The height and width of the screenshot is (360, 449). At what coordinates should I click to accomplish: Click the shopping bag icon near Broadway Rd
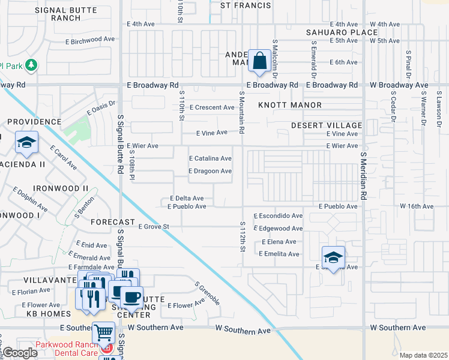(x=259, y=61)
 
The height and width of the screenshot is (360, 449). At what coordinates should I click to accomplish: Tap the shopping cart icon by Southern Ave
(x=104, y=332)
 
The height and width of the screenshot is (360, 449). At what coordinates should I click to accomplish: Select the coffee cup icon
(x=131, y=296)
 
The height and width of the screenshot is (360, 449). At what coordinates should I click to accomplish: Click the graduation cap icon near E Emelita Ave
(x=333, y=257)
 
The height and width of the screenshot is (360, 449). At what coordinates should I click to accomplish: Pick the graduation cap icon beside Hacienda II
(x=26, y=142)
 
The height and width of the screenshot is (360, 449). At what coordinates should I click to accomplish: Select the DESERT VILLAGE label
(x=327, y=125)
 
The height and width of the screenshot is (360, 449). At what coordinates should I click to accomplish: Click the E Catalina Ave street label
(x=210, y=158)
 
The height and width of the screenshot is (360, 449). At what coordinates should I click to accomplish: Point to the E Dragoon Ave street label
(x=210, y=171)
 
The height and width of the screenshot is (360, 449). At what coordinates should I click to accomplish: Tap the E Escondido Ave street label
(x=278, y=215)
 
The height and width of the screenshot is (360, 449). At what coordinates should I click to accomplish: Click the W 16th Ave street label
(x=417, y=206)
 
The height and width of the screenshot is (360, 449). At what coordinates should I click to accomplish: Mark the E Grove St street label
(x=154, y=227)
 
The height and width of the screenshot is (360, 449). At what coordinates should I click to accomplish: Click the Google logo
(x=20, y=353)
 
